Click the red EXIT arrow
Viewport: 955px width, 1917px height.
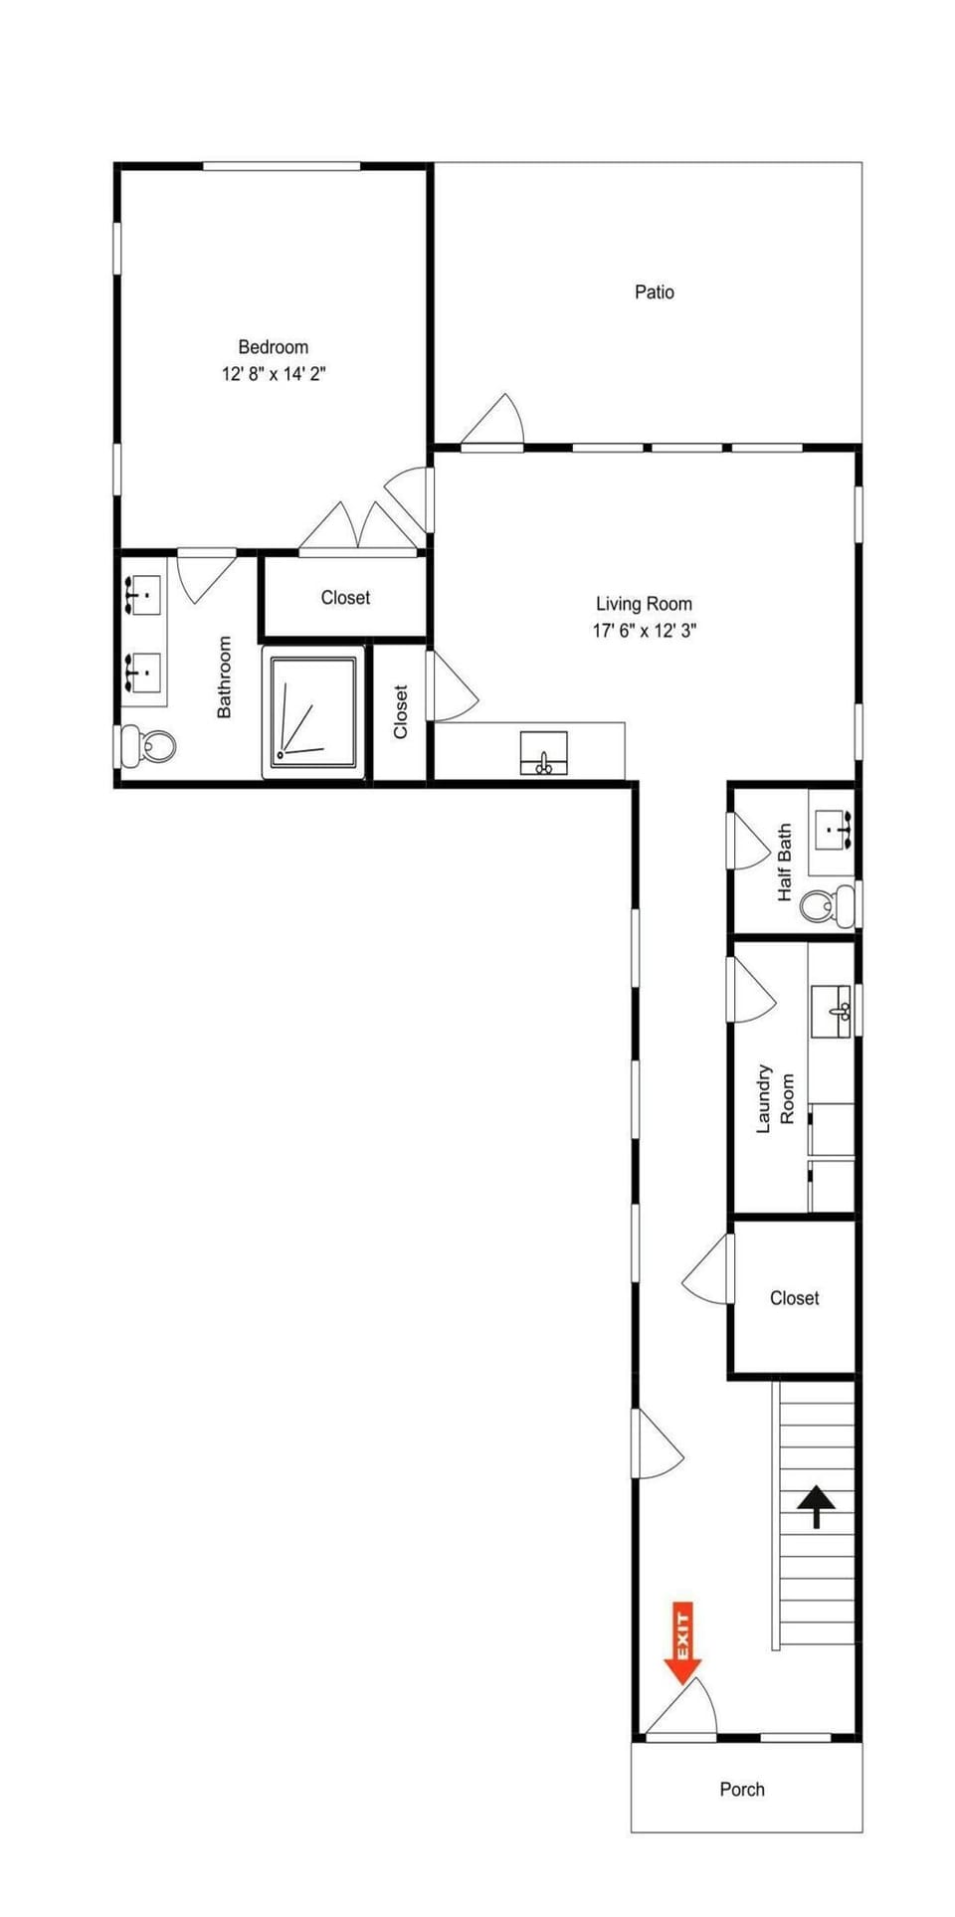682,1642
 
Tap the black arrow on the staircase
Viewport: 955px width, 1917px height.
817,1506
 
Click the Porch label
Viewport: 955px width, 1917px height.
742,1789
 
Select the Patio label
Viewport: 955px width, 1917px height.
655,291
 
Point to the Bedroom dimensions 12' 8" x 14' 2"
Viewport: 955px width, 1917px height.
274,374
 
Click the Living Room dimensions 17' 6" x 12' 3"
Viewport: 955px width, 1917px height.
645,630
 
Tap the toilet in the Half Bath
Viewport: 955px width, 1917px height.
828,904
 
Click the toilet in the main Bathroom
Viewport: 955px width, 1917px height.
147,744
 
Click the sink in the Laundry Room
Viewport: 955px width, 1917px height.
831,1012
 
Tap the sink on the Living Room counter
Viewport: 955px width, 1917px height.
544,753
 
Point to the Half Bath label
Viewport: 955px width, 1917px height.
785,863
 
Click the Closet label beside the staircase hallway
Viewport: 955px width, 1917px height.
794,1297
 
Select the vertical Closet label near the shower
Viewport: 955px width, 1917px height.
401,711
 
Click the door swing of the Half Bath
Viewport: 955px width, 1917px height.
748,841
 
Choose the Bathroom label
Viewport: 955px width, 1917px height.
225,676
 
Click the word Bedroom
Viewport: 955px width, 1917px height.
274,347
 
